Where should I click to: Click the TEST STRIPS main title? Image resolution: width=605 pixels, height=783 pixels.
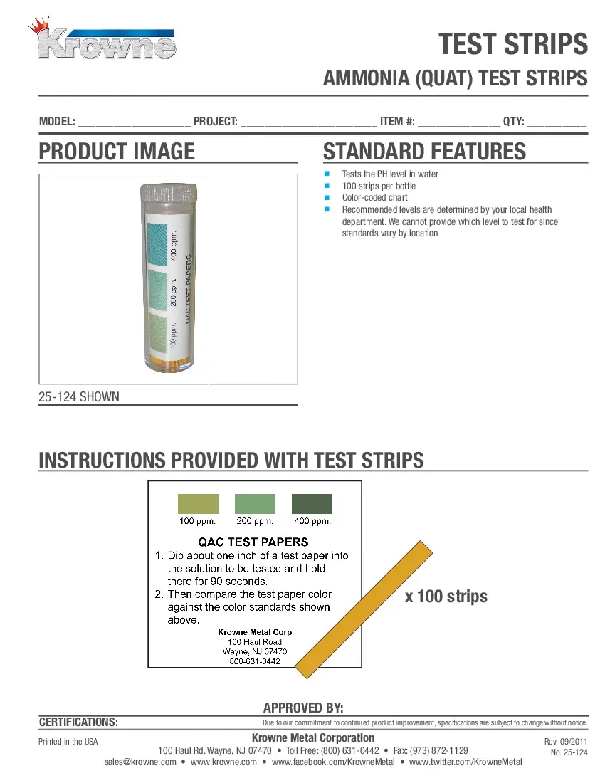tap(512, 44)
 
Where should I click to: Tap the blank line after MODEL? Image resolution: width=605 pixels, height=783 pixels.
tap(134, 122)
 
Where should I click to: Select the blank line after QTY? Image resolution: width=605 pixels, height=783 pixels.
tap(557, 122)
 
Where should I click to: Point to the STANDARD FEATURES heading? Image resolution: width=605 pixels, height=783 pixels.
tap(424, 152)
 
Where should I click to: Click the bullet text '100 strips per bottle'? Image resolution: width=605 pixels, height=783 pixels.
tap(379, 186)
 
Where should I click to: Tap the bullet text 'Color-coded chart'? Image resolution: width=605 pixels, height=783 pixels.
tap(374, 198)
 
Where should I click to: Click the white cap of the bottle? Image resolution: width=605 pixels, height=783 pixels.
tap(169, 193)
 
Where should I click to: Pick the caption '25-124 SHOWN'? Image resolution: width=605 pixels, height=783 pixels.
tap(79, 396)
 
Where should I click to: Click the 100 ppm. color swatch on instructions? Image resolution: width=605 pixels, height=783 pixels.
tap(198, 504)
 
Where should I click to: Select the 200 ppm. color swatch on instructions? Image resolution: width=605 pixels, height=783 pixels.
tap(255, 504)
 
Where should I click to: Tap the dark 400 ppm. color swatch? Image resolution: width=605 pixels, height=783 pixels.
tap(312, 504)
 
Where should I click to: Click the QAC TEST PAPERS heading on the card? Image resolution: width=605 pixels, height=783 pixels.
tap(253, 542)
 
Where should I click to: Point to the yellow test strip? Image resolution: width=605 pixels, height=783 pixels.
tap(363, 610)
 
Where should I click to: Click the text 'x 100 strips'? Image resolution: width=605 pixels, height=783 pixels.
tap(446, 596)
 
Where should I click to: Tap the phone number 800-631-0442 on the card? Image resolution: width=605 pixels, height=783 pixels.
tap(254, 661)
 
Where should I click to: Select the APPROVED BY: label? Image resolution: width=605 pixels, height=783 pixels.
tap(303, 708)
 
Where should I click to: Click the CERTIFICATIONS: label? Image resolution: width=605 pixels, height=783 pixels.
tap(78, 722)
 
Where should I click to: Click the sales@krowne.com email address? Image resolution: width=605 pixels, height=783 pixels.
tap(140, 762)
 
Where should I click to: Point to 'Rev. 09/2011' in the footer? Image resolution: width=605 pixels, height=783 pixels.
tap(566, 742)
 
